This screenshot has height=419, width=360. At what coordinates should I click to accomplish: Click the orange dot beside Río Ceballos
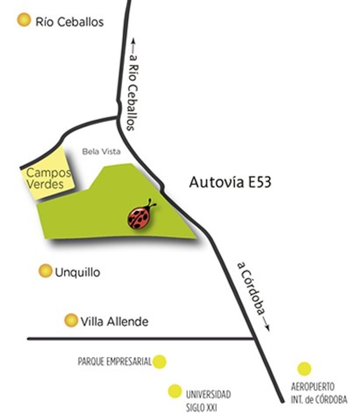(24, 19)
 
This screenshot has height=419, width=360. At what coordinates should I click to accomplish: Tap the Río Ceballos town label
(70, 22)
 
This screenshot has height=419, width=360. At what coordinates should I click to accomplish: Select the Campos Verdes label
(48, 178)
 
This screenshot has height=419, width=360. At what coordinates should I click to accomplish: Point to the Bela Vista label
(101, 152)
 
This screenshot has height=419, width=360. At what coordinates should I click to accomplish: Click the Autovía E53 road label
(230, 182)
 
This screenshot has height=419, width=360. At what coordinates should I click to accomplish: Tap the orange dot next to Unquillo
(45, 271)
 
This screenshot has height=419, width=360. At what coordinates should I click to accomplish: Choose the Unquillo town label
(77, 272)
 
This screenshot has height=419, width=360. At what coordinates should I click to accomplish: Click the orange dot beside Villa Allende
(71, 320)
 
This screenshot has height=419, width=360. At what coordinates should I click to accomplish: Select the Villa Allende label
(114, 321)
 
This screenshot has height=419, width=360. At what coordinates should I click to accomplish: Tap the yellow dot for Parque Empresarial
(159, 362)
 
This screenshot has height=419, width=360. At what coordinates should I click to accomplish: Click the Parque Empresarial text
(115, 362)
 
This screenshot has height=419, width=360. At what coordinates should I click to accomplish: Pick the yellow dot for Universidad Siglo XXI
(175, 391)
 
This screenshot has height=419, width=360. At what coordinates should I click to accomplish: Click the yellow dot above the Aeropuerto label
(304, 369)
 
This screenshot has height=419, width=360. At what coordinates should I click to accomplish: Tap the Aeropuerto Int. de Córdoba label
(319, 393)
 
